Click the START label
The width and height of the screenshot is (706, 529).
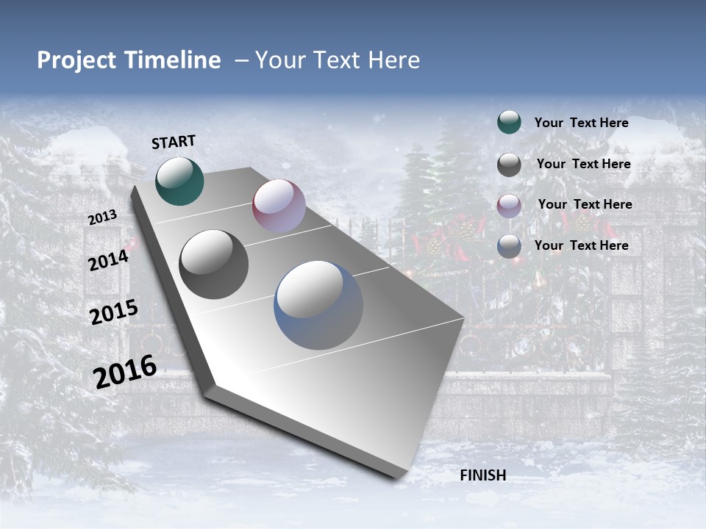point(174,142)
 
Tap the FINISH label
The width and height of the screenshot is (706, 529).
point(482,475)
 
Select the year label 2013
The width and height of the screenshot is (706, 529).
point(102,217)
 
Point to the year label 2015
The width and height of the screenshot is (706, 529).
point(114,312)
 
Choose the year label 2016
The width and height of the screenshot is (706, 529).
point(125,372)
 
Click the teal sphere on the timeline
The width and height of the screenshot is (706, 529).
point(179,181)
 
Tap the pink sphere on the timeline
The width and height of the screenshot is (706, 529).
point(279,206)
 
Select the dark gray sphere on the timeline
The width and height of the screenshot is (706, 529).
point(213,264)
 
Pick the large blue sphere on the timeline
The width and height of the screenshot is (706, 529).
point(318,305)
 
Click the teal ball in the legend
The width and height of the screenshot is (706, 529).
point(509,122)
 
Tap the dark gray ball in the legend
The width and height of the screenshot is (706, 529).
point(509,165)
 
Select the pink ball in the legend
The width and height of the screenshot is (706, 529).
point(509,205)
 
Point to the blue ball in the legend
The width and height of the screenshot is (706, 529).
point(509,246)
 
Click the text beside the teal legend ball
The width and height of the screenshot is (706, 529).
point(581,123)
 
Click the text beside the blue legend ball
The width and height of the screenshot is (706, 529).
point(581,245)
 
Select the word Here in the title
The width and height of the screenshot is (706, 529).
point(393,60)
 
